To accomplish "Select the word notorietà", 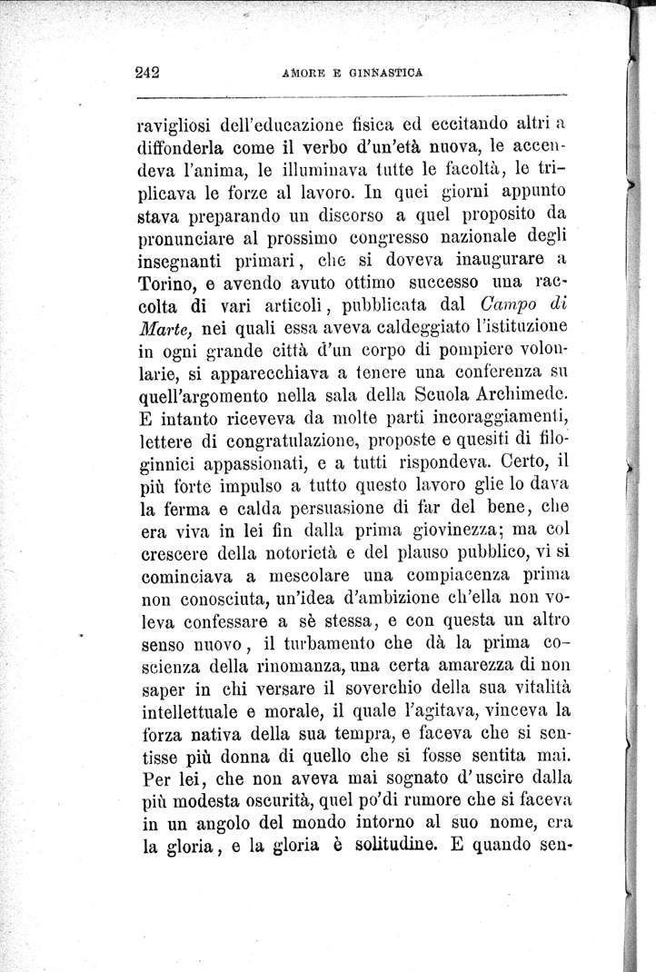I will [300, 552].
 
